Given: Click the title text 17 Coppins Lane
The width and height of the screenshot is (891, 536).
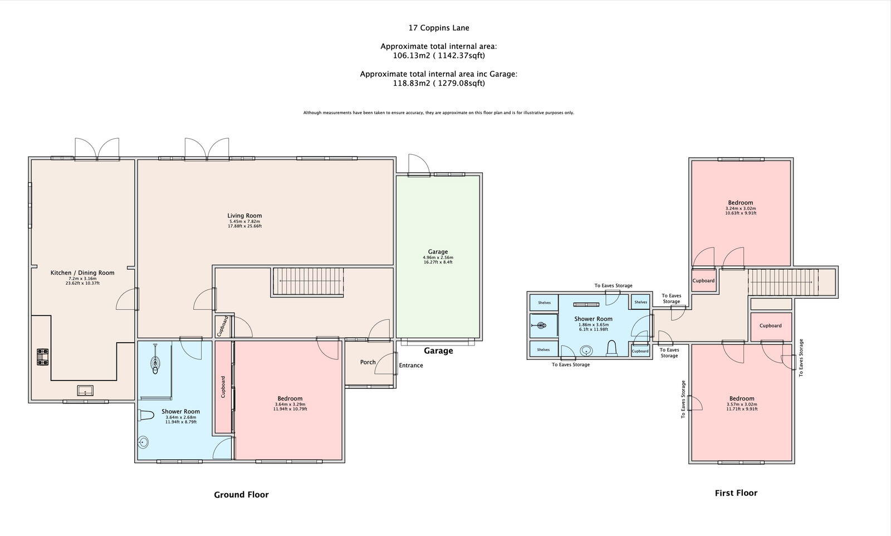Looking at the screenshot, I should (x=439, y=27).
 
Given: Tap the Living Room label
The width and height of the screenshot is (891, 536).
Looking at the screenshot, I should (x=244, y=216).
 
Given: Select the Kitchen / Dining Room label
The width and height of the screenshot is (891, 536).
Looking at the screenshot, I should (x=82, y=272).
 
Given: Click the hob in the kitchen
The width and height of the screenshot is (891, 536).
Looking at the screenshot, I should (x=43, y=357).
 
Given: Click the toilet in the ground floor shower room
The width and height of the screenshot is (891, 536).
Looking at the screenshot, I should (x=146, y=415).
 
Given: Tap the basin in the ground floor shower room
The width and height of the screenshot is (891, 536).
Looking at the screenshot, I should (x=143, y=442).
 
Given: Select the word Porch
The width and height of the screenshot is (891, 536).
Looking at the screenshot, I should (x=368, y=362).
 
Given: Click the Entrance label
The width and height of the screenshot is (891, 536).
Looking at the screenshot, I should (x=411, y=366).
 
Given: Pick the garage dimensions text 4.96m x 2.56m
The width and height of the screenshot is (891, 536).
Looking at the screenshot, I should (x=438, y=257).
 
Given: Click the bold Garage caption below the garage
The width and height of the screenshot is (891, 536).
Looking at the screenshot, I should (x=438, y=351).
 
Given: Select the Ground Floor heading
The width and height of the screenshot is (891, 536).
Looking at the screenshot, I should (x=241, y=495).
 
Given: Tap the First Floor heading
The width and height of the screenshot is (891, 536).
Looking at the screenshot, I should (x=736, y=493).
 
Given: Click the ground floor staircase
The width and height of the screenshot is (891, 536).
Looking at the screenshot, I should (x=307, y=281).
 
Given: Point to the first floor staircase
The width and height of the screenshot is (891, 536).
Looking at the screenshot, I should (x=782, y=281).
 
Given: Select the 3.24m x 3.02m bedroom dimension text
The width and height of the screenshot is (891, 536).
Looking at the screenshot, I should (x=740, y=208).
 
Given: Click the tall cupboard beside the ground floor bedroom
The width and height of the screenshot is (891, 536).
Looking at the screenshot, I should (x=223, y=387).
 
